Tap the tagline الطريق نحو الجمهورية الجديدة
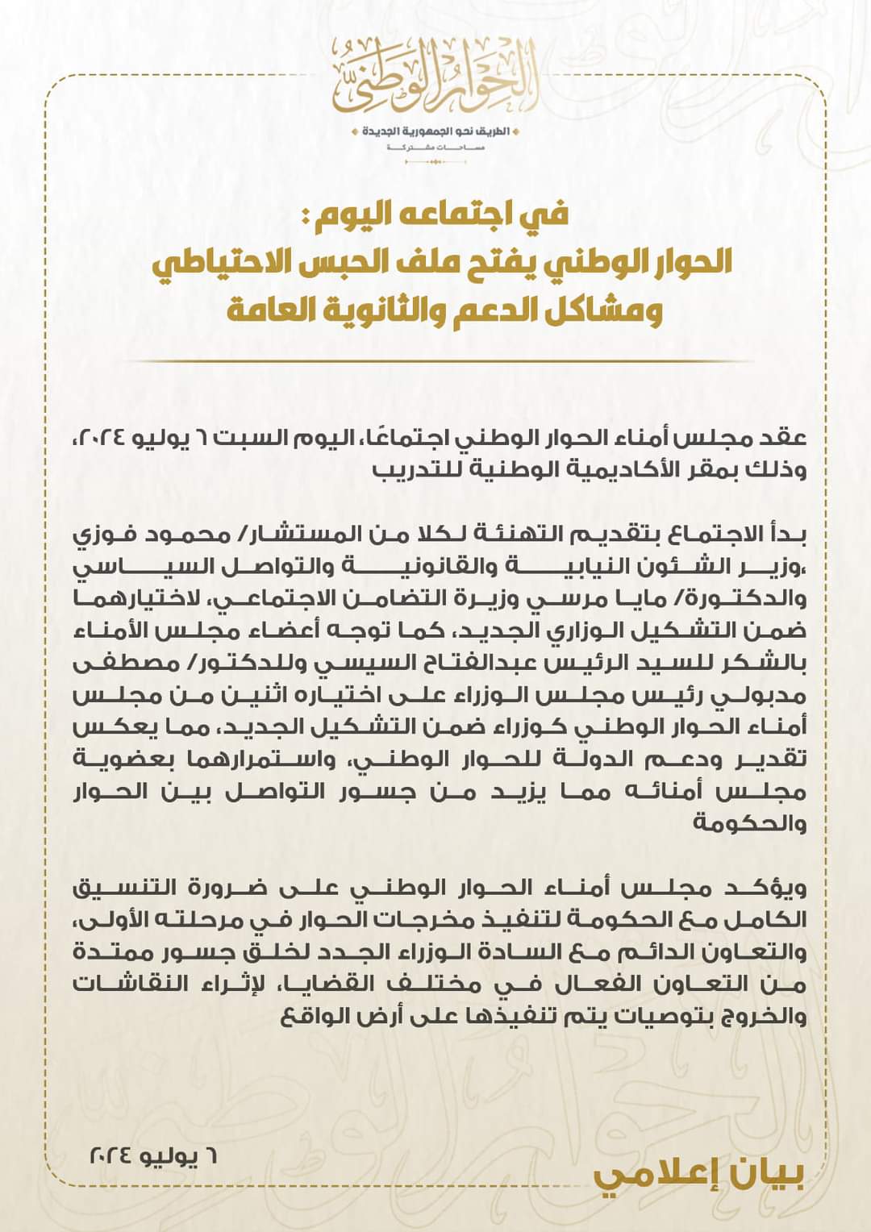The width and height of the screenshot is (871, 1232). [x=436, y=131]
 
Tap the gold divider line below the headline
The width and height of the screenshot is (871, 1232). [x=435, y=361]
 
